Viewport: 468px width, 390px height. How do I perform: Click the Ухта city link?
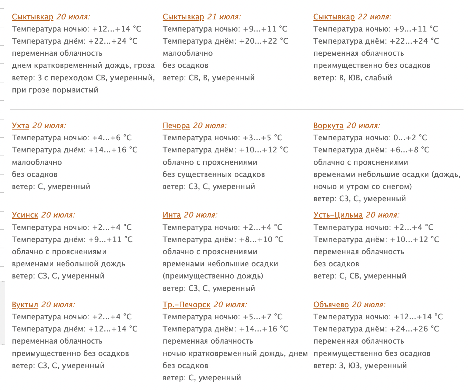pyautogui.click(x=20, y=126)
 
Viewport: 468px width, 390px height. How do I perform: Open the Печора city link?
pyautogui.click(x=176, y=126)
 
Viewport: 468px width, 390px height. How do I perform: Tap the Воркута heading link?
pyautogui.click(x=328, y=126)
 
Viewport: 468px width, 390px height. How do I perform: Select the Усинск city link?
pyautogui.click(x=25, y=215)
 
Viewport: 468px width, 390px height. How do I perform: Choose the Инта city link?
pyautogui.click(x=172, y=215)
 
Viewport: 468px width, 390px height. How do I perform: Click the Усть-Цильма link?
pyautogui.click(x=338, y=215)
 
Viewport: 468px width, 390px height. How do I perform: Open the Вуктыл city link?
pyautogui.click(x=25, y=305)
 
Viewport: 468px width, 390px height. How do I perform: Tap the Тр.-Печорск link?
pyautogui.click(x=186, y=305)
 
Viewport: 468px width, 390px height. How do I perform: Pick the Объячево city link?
pyautogui.click(x=331, y=305)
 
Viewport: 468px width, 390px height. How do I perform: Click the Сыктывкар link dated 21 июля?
pyautogui.click(x=183, y=17)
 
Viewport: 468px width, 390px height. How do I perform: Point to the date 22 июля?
pyautogui.click(x=374, y=17)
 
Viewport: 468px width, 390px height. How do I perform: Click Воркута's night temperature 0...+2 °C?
pyautogui.click(x=410, y=138)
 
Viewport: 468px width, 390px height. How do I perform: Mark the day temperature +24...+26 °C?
pyautogui.click(x=414, y=329)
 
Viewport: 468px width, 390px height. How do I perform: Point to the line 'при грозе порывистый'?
pyautogui.click(x=55, y=90)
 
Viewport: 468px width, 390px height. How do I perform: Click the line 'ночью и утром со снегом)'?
pyautogui.click(x=363, y=187)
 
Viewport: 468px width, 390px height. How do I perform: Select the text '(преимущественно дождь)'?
pyautogui.click(x=213, y=276)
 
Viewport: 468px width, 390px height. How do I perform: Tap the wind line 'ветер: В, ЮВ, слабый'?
pyautogui.click(x=353, y=78)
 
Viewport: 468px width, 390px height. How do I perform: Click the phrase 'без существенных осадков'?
pyautogui.click(x=214, y=175)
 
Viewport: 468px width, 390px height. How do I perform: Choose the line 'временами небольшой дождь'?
pyautogui.click(x=68, y=264)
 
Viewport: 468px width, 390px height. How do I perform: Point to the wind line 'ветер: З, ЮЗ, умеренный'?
pyautogui.click(x=360, y=366)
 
